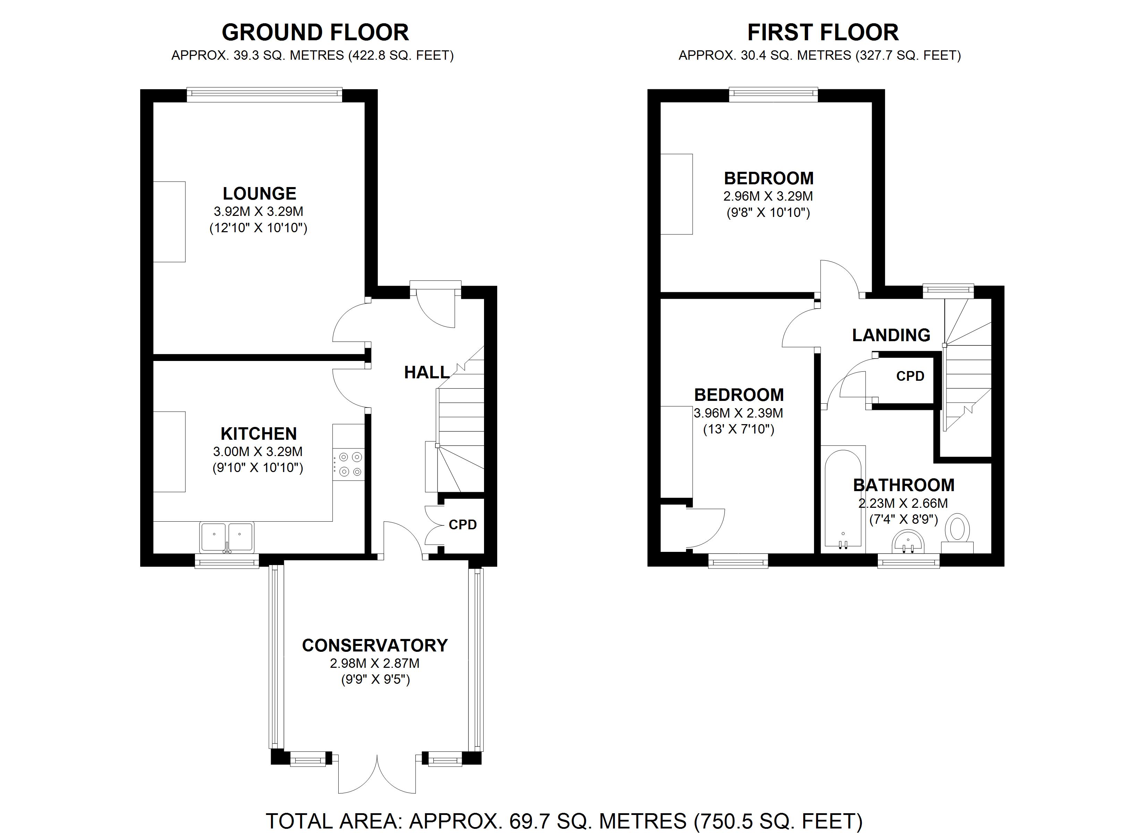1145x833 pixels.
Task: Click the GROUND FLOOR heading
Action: point(315,32)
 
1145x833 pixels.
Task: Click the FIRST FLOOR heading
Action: point(823,32)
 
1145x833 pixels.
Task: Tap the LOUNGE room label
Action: point(260,193)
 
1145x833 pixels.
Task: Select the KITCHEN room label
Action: point(258,434)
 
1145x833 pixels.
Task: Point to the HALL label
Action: point(426,372)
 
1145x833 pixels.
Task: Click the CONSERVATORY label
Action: point(375,645)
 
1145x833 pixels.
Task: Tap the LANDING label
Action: point(891,335)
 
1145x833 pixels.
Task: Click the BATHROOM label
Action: point(904,485)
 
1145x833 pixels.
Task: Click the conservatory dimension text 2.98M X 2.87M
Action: point(375,663)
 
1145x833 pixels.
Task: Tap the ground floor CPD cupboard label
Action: point(463,525)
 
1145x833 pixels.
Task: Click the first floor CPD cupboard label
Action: point(910,376)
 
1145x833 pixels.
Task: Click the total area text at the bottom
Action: point(564,821)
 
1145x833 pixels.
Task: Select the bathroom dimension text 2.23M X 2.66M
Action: point(903,503)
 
